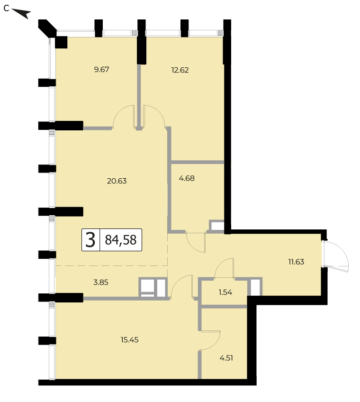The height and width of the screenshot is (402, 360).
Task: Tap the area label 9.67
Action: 101,70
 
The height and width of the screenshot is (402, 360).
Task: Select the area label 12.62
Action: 180,70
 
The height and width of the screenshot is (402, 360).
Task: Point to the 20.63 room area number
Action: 117,181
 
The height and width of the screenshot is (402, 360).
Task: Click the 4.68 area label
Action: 187,178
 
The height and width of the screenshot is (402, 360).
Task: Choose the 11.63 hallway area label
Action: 296,262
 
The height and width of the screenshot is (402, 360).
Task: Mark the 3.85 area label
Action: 101,282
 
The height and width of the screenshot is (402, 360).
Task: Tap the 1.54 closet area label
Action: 225,292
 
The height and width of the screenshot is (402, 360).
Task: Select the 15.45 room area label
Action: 130,340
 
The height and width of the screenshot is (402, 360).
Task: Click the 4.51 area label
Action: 226,358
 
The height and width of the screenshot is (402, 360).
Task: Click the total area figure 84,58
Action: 121,240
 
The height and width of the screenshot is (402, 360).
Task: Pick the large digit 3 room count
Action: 90,240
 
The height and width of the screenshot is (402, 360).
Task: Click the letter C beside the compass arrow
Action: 6,8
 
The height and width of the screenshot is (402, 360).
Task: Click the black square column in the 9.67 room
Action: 61,42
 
